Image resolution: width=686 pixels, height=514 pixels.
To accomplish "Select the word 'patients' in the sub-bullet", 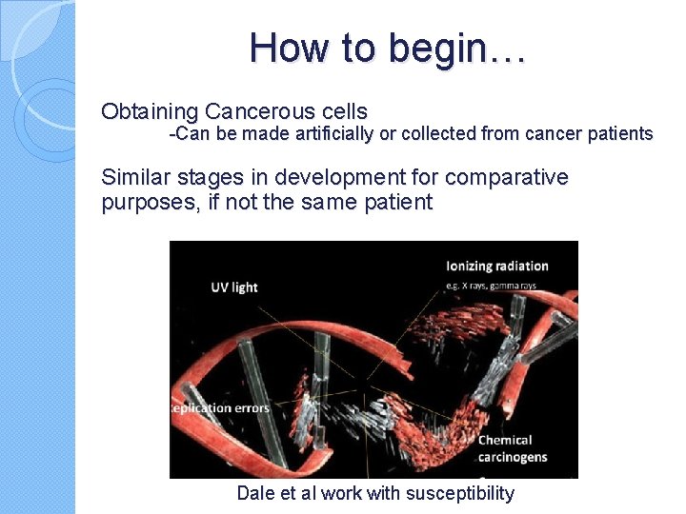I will (x=619, y=133).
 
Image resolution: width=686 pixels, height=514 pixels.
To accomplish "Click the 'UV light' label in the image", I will (x=234, y=287).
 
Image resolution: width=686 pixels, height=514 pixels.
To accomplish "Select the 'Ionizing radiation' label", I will (x=497, y=266).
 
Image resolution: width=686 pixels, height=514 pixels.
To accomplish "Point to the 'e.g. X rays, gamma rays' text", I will (x=493, y=286).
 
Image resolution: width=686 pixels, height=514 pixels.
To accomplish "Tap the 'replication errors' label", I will (x=219, y=408).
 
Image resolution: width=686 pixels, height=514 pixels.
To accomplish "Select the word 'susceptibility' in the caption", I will (x=459, y=493).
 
